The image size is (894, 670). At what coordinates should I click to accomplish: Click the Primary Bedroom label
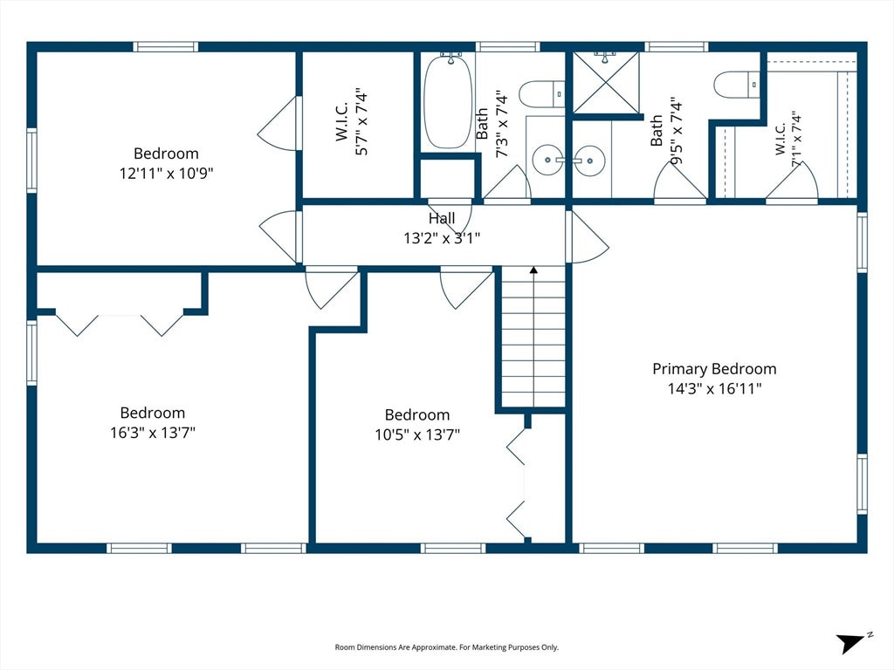714,369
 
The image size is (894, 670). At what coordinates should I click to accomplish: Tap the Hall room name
442,218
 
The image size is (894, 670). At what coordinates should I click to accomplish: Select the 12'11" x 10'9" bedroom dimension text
167,173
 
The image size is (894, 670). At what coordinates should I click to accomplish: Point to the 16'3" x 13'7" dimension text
153,433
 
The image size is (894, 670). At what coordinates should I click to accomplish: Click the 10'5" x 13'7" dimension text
417,434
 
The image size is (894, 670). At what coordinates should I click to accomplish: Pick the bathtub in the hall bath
448,101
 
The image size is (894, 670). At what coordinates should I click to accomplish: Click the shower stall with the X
606,83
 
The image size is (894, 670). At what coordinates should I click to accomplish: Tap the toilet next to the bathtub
541,94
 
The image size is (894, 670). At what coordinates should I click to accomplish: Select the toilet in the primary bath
737,85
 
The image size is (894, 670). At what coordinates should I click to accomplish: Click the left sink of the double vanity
548,161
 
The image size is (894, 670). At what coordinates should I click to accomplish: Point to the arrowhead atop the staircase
533,270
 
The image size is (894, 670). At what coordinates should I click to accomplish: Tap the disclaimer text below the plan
446,647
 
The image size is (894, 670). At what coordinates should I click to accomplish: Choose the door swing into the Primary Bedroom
588,237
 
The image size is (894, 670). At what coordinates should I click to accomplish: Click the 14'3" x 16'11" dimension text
715,388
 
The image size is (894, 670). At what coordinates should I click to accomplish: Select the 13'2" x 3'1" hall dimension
442,237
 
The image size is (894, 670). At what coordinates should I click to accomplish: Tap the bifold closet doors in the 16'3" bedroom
120,325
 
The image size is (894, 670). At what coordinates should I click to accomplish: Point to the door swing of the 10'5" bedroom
466,290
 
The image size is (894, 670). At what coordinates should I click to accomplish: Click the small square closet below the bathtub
448,179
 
